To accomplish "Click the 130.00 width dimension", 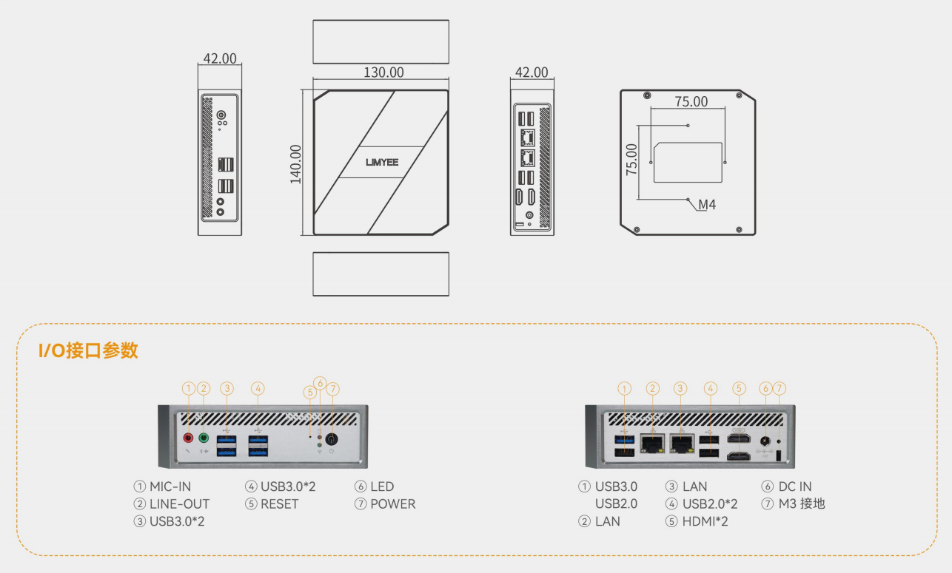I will tap(383, 72).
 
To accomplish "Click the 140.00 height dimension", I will tap(295, 163).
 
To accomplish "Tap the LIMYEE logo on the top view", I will tap(381, 162).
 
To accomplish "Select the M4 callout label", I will tap(707, 205).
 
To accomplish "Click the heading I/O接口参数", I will tap(88, 350).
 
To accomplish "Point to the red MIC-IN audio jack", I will tap(188, 438).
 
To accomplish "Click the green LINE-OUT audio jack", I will tap(204, 438).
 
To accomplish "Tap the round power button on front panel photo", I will tap(332, 438).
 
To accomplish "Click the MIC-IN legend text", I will tap(170, 486).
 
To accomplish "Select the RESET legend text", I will tap(279, 504).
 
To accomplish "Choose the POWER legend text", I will tap(393, 504).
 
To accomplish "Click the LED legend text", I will tap(382, 486).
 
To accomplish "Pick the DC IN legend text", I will tap(795, 486).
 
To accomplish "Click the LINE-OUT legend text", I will tap(179, 504).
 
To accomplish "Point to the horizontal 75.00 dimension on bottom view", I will tap(691, 102).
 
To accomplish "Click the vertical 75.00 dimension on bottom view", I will tap(631, 159).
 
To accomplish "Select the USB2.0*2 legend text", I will tap(710, 504).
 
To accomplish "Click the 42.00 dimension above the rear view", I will tap(531, 72).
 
